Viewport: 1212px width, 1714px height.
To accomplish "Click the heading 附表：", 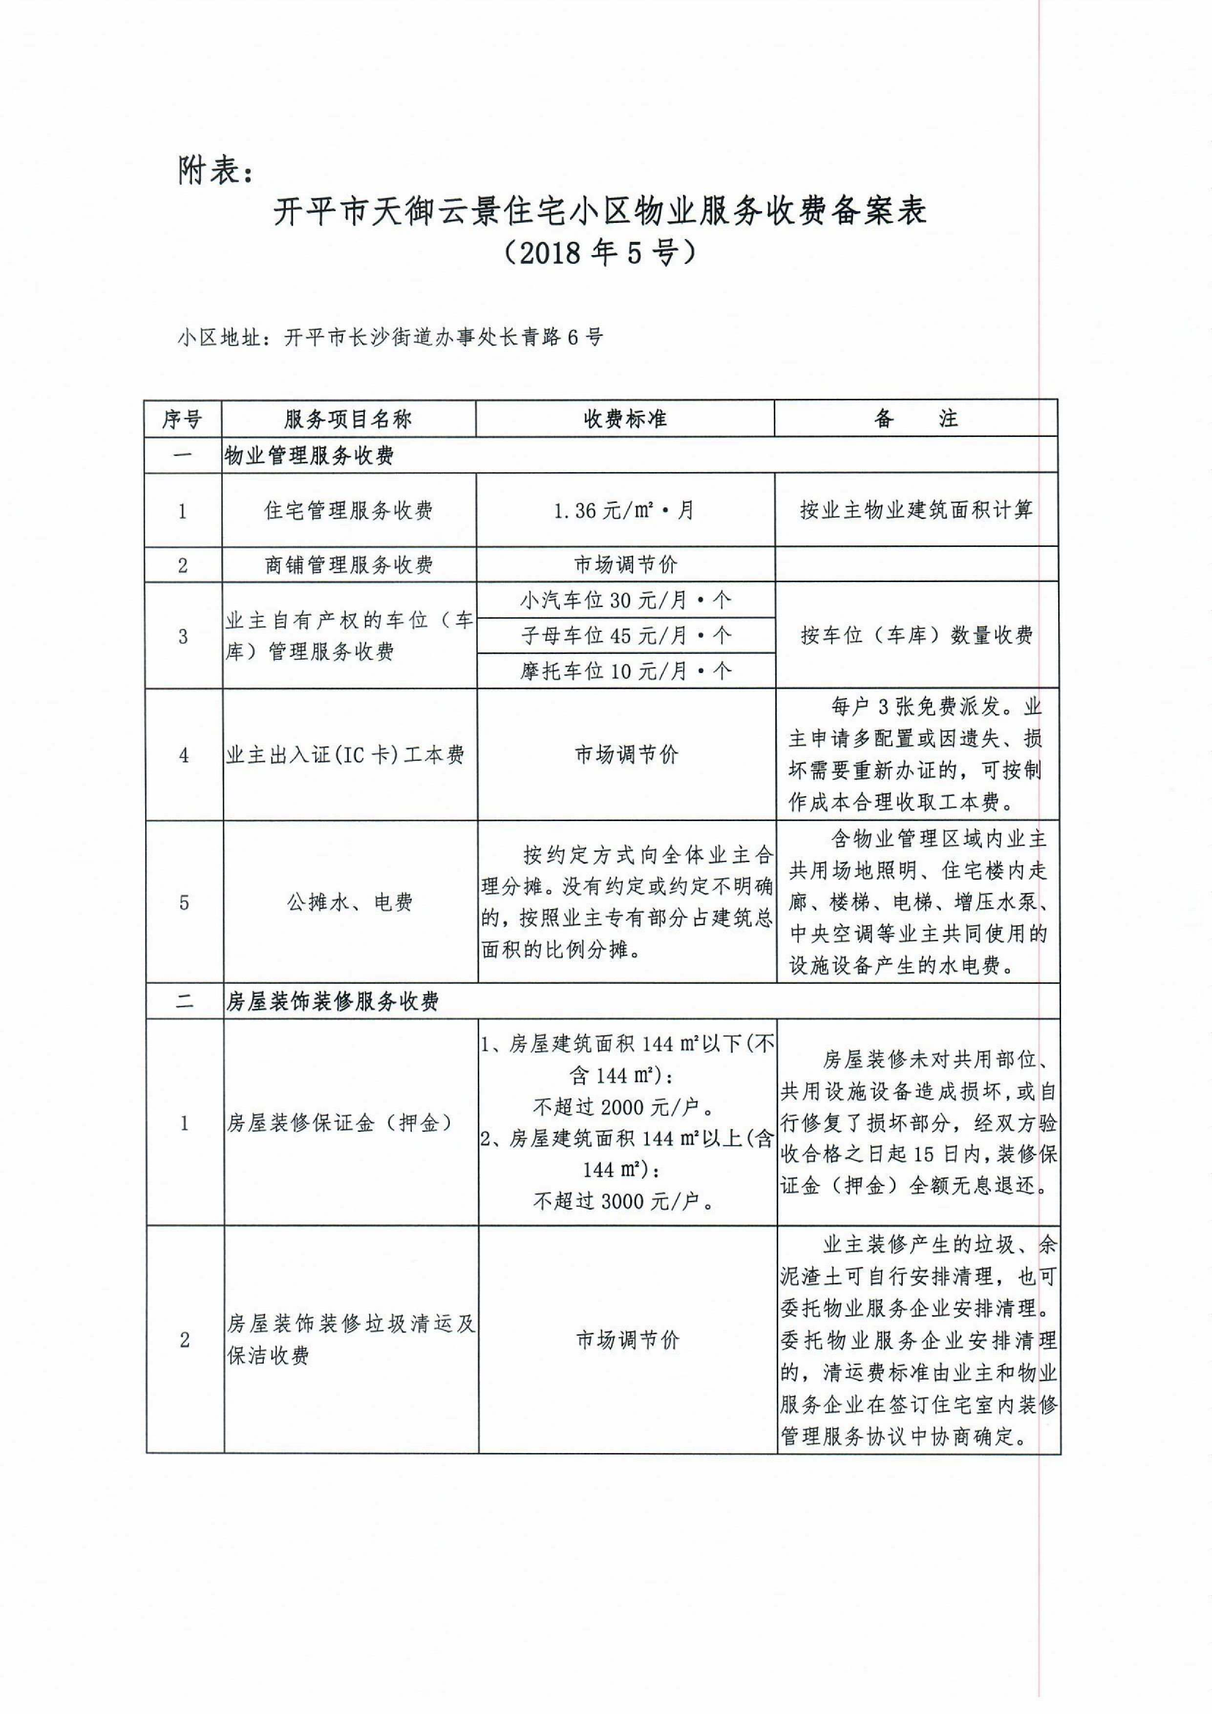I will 216,171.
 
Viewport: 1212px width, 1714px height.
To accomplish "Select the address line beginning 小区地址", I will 390,337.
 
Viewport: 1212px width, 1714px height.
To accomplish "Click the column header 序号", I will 182,419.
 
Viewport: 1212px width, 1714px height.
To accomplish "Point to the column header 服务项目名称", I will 348,419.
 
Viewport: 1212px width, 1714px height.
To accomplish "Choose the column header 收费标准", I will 625,419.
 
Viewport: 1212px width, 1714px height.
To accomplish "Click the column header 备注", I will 915,419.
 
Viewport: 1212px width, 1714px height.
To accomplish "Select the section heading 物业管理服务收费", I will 310,456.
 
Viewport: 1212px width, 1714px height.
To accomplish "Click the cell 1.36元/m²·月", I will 625,511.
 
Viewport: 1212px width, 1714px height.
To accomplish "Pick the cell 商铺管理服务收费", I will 348,565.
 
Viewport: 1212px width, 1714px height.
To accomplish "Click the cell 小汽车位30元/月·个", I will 625,600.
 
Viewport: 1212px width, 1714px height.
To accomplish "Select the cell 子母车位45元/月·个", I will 625,635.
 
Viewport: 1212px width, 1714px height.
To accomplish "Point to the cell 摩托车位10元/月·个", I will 625,671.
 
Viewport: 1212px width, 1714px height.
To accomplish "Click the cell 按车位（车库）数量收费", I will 916,635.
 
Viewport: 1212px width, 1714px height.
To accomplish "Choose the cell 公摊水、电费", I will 349,903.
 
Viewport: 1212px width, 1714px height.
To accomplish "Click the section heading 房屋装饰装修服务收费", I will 332,1002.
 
